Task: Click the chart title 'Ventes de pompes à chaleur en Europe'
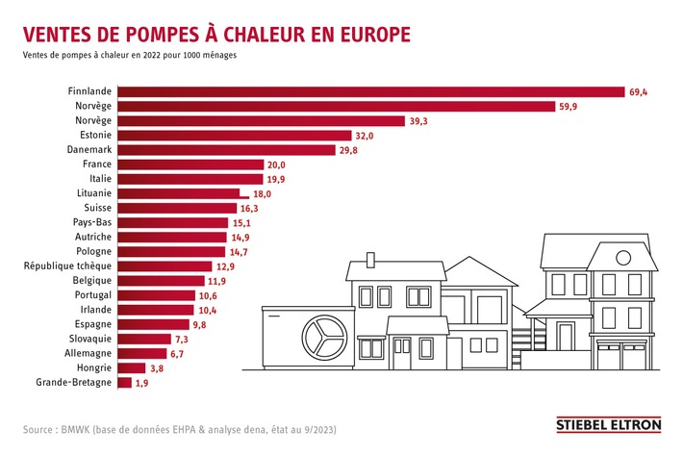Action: click(217, 34)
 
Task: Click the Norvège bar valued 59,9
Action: click(336, 107)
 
